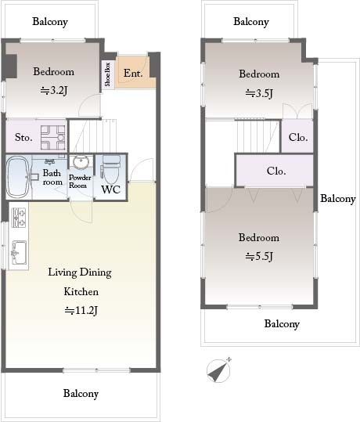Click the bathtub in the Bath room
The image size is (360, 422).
pos(18,177)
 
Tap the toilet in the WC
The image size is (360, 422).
pos(110,169)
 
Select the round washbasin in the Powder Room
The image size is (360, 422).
pos(81,161)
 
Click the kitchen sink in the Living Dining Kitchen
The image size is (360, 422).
pos(19,252)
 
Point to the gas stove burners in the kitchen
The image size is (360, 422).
pos(19,218)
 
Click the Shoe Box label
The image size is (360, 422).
pos(108,74)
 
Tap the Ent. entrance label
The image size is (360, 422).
pos(133,74)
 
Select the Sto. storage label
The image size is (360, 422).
pos(23,138)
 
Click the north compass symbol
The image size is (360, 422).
pos(219,370)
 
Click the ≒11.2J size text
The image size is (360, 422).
pos(81,311)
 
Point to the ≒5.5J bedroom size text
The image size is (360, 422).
pos(259,257)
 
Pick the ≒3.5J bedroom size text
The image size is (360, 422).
pos(259,93)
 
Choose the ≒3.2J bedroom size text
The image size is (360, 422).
pos(53,91)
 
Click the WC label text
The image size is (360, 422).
pos(110,189)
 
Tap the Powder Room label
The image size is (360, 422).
pos(80,182)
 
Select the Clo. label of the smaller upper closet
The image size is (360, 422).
pos(298,138)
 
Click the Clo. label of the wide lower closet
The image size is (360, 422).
pos(276,171)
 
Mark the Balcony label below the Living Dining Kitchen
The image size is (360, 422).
pos(81,394)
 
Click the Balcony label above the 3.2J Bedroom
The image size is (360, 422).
pos(50,22)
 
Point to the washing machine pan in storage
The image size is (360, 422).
pos(53,138)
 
